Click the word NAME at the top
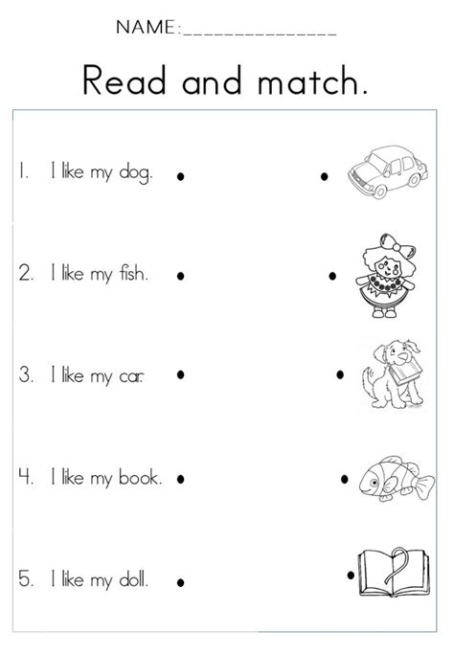146,28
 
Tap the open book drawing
387,572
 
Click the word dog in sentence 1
132,174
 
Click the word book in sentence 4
139,478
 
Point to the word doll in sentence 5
131,577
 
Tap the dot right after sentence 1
179,176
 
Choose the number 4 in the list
25,478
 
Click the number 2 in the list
25,276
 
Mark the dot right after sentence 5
179,581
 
